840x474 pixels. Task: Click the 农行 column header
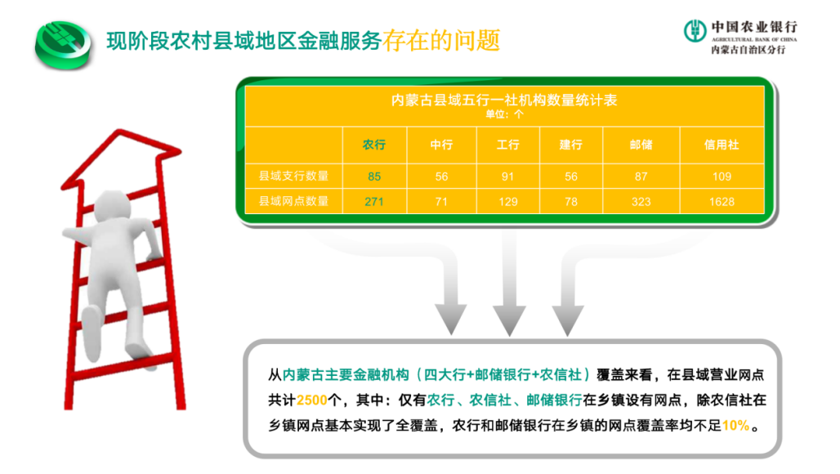[374, 145]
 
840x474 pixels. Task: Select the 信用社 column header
[722, 145]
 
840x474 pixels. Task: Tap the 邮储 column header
[641, 145]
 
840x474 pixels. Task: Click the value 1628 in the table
[722, 202]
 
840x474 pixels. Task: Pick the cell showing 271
[374, 202]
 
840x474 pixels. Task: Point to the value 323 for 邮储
[641, 202]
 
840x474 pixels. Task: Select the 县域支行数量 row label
[293, 177]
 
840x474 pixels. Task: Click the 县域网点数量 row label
[293, 201]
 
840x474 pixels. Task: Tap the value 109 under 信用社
[722, 177]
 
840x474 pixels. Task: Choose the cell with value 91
[507, 177]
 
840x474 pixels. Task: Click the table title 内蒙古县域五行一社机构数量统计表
[504, 101]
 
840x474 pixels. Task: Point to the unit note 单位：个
[504, 114]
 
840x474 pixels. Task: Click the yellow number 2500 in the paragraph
[312, 400]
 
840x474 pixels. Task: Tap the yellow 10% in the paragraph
[735, 426]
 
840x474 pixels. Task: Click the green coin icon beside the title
[63, 44]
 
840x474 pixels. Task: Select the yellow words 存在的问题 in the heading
[441, 41]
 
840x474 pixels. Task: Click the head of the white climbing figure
[113, 205]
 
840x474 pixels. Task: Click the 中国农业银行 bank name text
[754, 27]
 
